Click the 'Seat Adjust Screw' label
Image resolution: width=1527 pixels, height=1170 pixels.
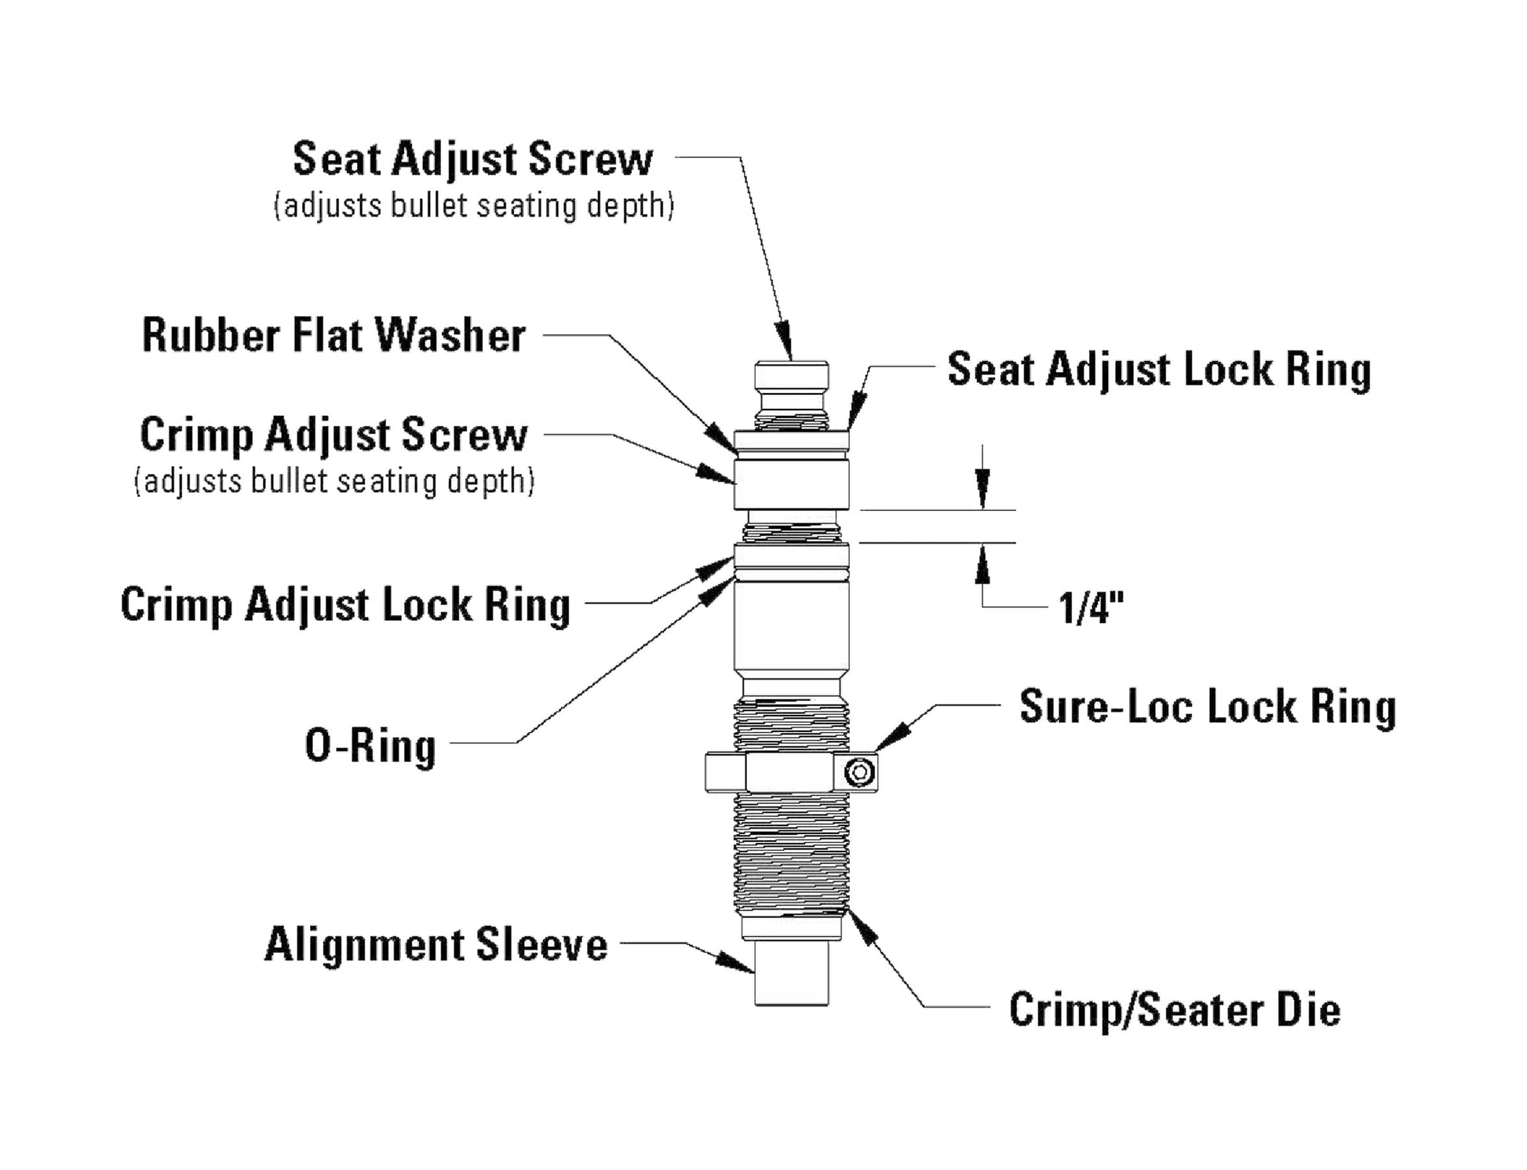(472, 159)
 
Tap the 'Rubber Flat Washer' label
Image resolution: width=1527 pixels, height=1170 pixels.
(333, 336)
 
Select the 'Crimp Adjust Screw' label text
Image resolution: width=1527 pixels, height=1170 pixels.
(333, 435)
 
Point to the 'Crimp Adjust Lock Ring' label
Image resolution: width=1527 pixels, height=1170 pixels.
(345, 605)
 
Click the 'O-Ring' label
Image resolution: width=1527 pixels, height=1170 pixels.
(370, 745)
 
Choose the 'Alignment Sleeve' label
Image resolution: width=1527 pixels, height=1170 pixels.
(436, 944)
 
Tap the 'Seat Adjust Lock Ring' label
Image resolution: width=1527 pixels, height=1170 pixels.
(1159, 369)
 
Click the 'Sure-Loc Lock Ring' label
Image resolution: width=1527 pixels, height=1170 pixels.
(1208, 706)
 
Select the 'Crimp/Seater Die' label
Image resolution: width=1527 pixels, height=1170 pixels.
(1175, 1009)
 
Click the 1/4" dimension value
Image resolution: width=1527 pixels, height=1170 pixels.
(1091, 608)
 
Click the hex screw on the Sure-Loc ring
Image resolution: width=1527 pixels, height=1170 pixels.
(859, 772)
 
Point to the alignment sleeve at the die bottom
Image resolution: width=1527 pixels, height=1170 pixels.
(791, 973)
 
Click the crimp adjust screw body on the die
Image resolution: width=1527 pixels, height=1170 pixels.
(791, 484)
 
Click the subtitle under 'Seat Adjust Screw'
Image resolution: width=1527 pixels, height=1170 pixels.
(473, 206)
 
